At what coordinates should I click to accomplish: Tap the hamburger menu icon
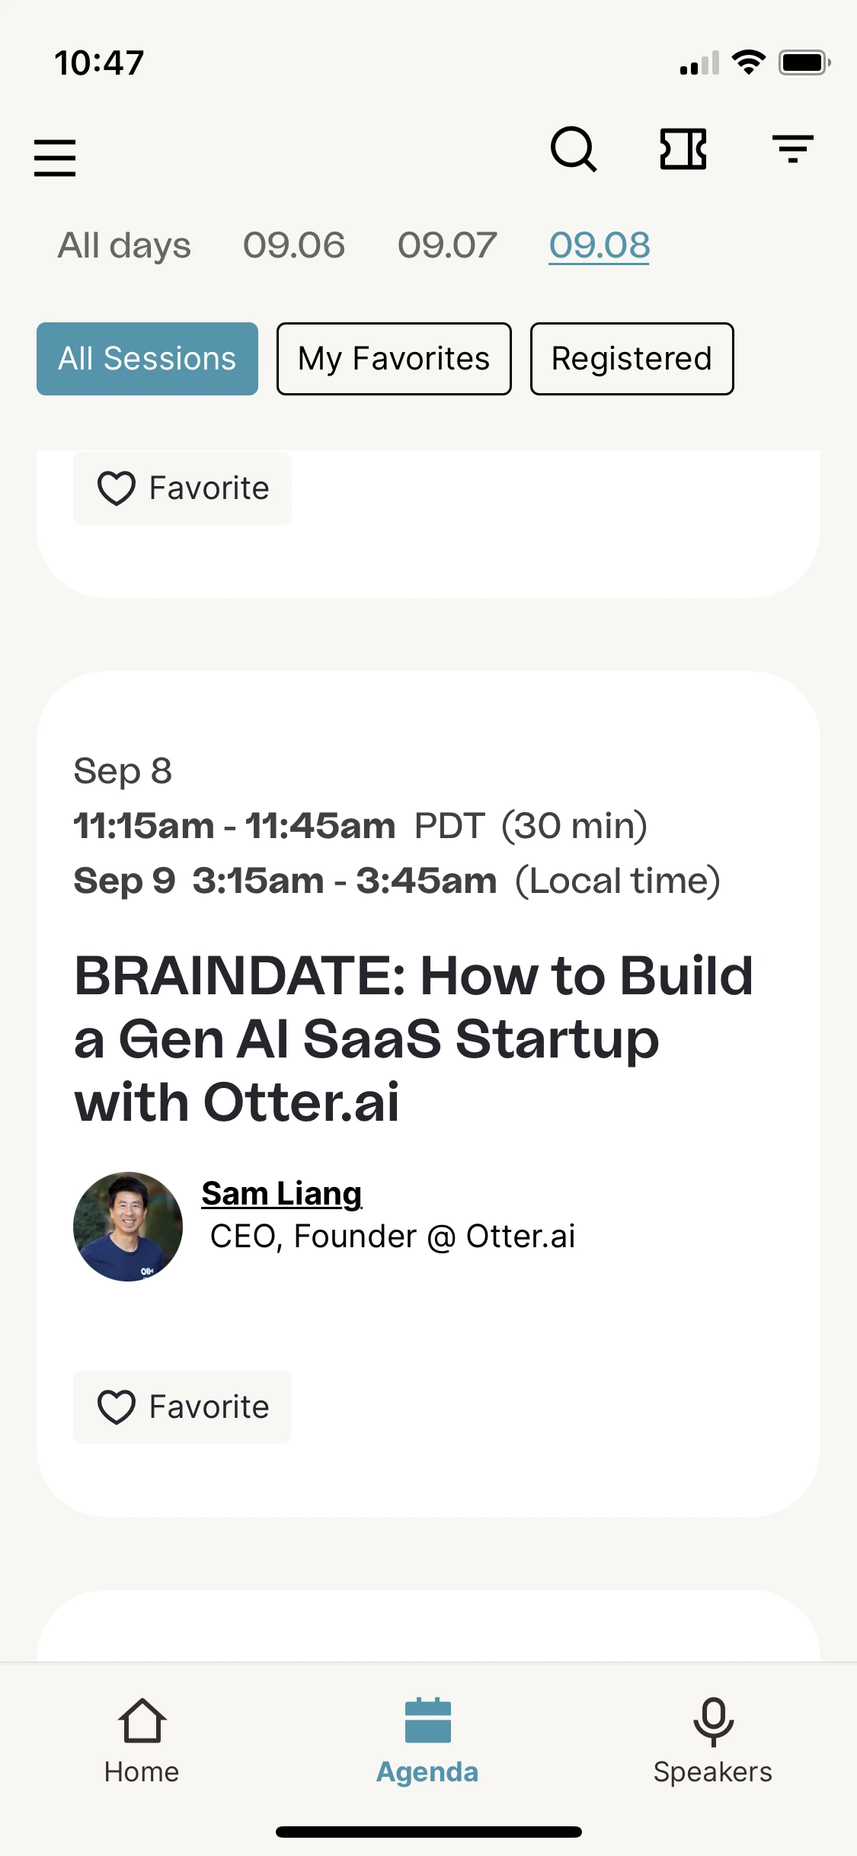pyautogui.click(x=55, y=158)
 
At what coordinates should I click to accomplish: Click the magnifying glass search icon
pyautogui.click(x=574, y=149)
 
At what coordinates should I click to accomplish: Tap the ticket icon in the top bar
pyautogui.click(x=683, y=149)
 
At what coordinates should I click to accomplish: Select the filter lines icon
pyautogui.click(x=793, y=149)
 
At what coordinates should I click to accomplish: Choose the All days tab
pyautogui.click(x=124, y=245)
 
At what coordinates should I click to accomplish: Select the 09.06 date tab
pyautogui.click(x=294, y=245)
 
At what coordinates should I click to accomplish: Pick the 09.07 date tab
pyautogui.click(x=447, y=245)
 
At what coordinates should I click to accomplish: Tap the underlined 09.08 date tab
pyautogui.click(x=600, y=245)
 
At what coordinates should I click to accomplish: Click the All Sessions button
pyautogui.click(x=147, y=359)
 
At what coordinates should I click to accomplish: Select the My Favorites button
pyautogui.click(x=394, y=359)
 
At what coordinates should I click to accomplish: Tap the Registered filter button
pyautogui.click(x=632, y=359)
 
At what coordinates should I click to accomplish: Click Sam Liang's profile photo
pyautogui.click(x=128, y=1227)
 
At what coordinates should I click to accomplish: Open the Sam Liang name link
pyautogui.click(x=282, y=1194)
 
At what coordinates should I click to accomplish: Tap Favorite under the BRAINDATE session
pyautogui.click(x=182, y=1407)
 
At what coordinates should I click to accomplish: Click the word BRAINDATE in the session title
pyautogui.click(x=240, y=975)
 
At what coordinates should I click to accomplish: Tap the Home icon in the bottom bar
pyautogui.click(x=142, y=1720)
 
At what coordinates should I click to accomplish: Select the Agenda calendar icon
pyautogui.click(x=428, y=1720)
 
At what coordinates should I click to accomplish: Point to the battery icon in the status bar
pyautogui.click(x=804, y=62)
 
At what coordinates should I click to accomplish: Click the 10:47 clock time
pyautogui.click(x=99, y=62)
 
